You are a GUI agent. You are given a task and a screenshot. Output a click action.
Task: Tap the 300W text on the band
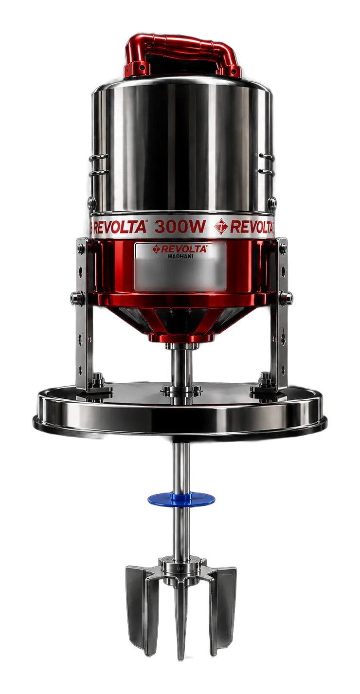[x=180, y=227]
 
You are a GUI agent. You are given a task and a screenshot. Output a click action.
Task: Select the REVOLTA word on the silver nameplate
[x=183, y=249]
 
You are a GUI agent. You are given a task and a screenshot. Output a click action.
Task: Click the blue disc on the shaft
[x=181, y=498]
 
